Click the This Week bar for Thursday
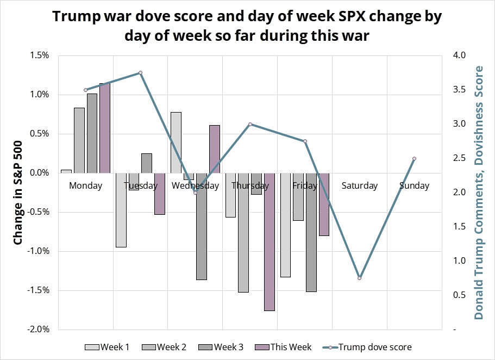270,241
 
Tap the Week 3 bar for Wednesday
202,226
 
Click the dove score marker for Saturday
360,278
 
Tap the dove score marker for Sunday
414,159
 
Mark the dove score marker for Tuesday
140,72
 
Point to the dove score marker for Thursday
250,124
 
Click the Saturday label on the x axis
359,186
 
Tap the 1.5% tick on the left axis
40,55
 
